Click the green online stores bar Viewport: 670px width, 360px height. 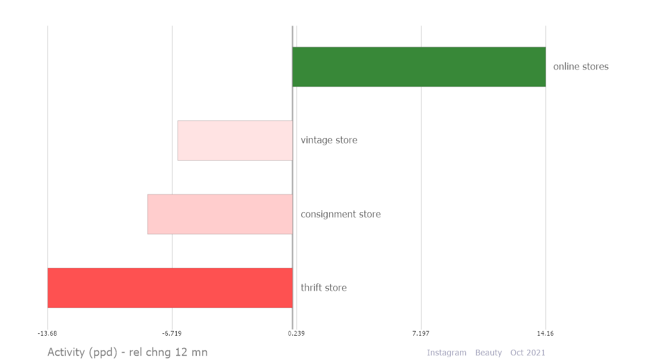pyautogui.click(x=419, y=66)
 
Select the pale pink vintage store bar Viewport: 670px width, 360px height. pyautogui.click(x=235, y=141)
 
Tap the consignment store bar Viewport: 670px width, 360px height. pyautogui.click(x=220, y=214)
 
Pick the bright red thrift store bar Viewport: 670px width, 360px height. pyautogui.click(x=170, y=288)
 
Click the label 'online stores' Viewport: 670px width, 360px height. pyautogui.click(x=580, y=66)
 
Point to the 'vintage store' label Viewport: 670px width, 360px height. pyautogui.click(x=329, y=140)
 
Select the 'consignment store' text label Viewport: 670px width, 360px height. pyautogui.click(x=340, y=214)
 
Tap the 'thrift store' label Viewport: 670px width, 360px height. pyautogui.click(x=324, y=288)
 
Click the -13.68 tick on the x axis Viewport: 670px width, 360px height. pyautogui.click(x=47, y=333)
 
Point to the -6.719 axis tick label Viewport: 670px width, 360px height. pyautogui.click(x=172, y=333)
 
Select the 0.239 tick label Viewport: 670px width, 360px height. pyautogui.click(x=296, y=333)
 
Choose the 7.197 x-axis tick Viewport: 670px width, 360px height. pyautogui.click(x=421, y=333)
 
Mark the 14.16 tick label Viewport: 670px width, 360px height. pyautogui.click(x=545, y=333)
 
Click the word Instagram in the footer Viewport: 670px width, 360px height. pyautogui.click(x=446, y=353)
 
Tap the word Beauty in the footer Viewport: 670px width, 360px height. pyautogui.click(x=489, y=353)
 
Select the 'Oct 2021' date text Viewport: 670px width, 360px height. pyautogui.click(x=528, y=353)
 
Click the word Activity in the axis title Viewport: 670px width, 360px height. pyautogui.click(x=66, y=352)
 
